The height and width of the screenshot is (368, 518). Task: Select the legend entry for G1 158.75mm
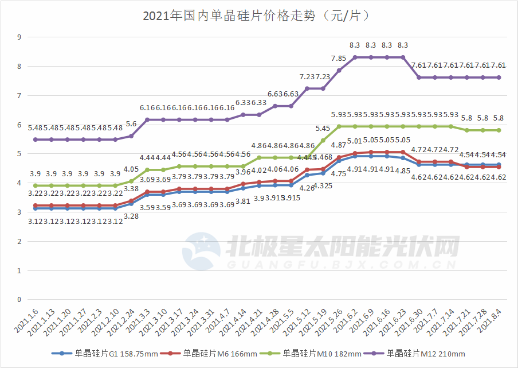coord(109,354)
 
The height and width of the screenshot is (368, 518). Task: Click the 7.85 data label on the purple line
coord(339,58)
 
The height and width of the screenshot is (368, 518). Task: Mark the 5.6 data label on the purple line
coord(131,123)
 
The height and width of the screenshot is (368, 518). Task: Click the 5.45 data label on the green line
coord(323,128)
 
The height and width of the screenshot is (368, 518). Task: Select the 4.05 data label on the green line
coord(131,169)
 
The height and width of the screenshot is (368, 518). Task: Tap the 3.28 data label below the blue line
coord(131,216)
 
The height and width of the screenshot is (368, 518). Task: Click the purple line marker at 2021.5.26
coord(339,70)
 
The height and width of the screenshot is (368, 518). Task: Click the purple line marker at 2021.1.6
coord(36,140)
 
